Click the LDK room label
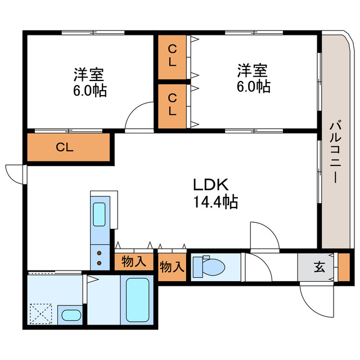coord(210,184)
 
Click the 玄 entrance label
coord(319,267)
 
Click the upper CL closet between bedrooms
coord(173,57)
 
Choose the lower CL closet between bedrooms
coord(173,105)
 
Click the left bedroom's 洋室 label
coord(89,74)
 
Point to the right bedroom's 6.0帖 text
coord(253,87)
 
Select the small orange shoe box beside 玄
coord(343,267)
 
